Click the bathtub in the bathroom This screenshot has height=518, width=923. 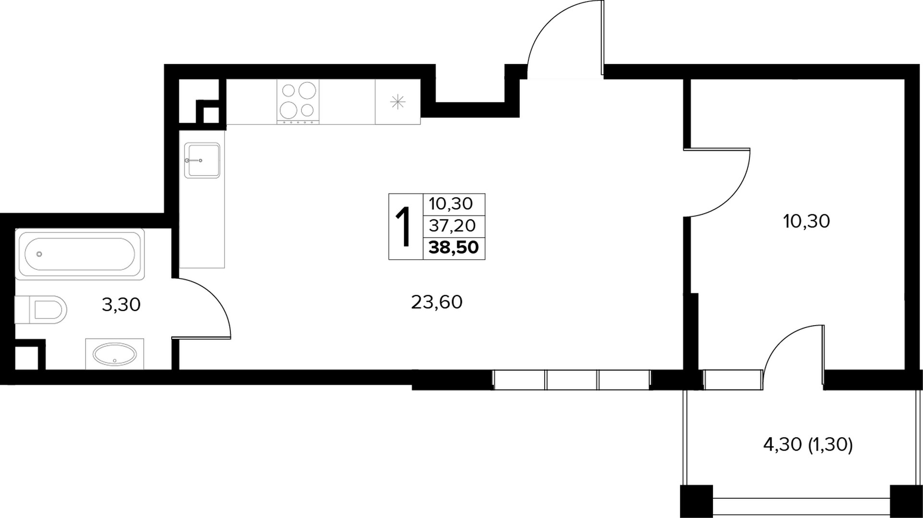pyautogui.click(x=80, y=254)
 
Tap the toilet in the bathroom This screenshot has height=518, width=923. pyautogui.click(x=41, y=309)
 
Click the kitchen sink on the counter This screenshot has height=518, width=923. pyautogui.click(x=202, y=160)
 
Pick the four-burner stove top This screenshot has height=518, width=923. pyautogui.click(x=298, y=102)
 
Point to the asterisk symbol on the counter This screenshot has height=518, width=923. pyautogui.click(x=398, y=102)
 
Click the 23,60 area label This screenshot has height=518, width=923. pyautogui.click(x=437, y=302)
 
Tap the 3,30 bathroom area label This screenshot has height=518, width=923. pyautogui.click(x=121, y=304)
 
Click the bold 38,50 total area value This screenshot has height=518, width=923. pyautogui.click(x=454, y=248)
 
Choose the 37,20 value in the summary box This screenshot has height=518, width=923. pyautogui.click(x=452, y=225)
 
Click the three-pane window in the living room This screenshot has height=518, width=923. pyautogui.click(x=572, y=379)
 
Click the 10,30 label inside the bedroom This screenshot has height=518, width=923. pyautogui.click(x=806, y=221)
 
